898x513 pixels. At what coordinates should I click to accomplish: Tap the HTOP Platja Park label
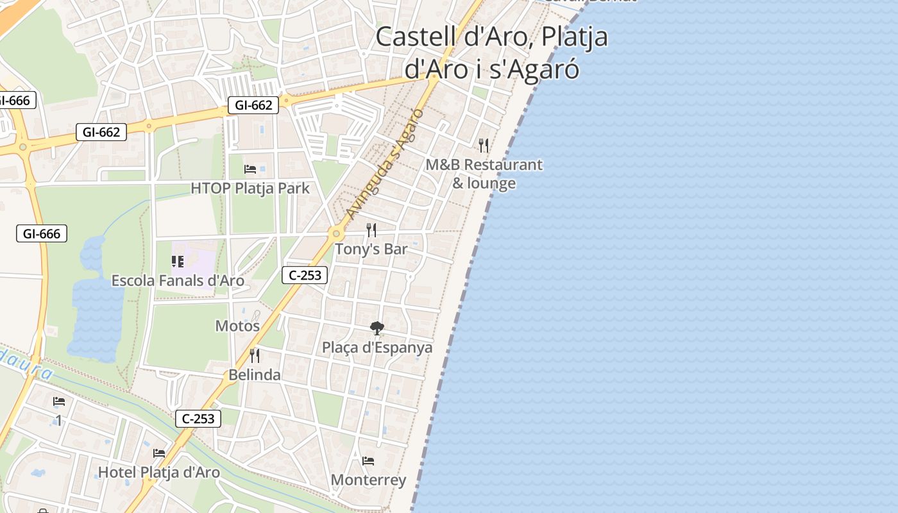[250, 189]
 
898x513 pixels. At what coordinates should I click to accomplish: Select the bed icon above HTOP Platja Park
[250, 169]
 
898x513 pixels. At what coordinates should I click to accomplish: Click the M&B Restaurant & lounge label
[484, 174]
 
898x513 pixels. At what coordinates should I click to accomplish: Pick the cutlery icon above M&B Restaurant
[484, 146]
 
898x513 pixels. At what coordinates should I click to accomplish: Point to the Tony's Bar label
[371, 249]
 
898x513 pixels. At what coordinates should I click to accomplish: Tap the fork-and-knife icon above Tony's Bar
[371, 230]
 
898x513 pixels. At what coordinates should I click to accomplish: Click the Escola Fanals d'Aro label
[178, 281]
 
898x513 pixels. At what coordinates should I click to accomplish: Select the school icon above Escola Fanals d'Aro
[178, 262]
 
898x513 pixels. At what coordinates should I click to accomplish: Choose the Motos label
[237, 326]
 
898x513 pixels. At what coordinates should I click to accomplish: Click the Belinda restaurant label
[255, 375]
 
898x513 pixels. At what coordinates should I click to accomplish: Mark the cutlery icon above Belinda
[255, 355]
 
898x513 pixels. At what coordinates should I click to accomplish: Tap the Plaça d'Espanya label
[377, 348]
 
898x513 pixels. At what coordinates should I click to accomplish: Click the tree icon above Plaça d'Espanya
[377, 328]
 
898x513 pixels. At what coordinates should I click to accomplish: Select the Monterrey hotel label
[368, 480]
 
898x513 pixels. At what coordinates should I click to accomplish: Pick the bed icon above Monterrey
[368, 461]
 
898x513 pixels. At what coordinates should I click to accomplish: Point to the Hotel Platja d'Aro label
[158, 473]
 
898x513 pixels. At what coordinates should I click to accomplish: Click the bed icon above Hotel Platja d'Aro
[159, 453]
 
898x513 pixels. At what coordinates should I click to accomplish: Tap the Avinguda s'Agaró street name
[385, 163]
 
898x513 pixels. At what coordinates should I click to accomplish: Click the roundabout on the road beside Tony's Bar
[335, 234]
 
